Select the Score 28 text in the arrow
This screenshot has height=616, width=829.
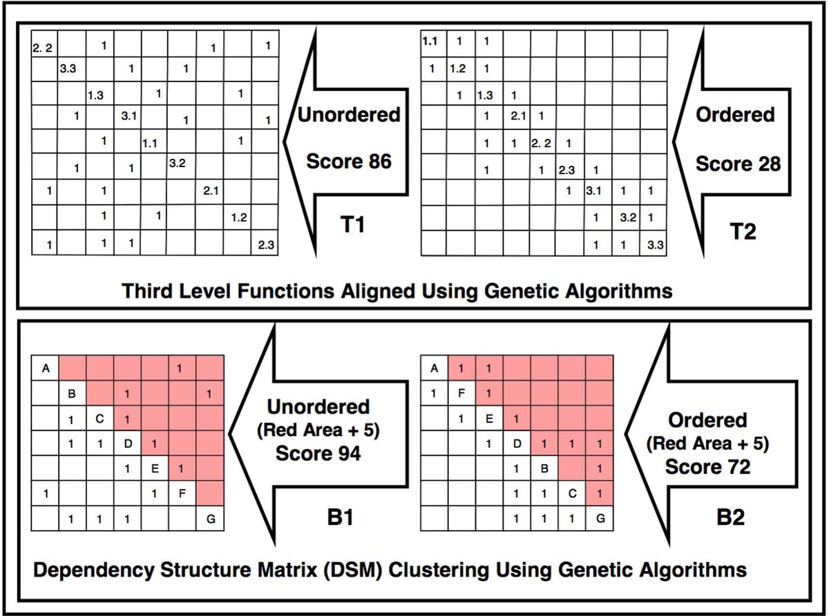(x=737, y=164)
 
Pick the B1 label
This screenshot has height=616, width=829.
(x=341, y=517)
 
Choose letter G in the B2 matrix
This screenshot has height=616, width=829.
(x=600, y=517)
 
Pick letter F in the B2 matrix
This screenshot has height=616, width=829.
(x=461, y=394)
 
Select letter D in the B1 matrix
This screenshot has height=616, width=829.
(x=128, y=443)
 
